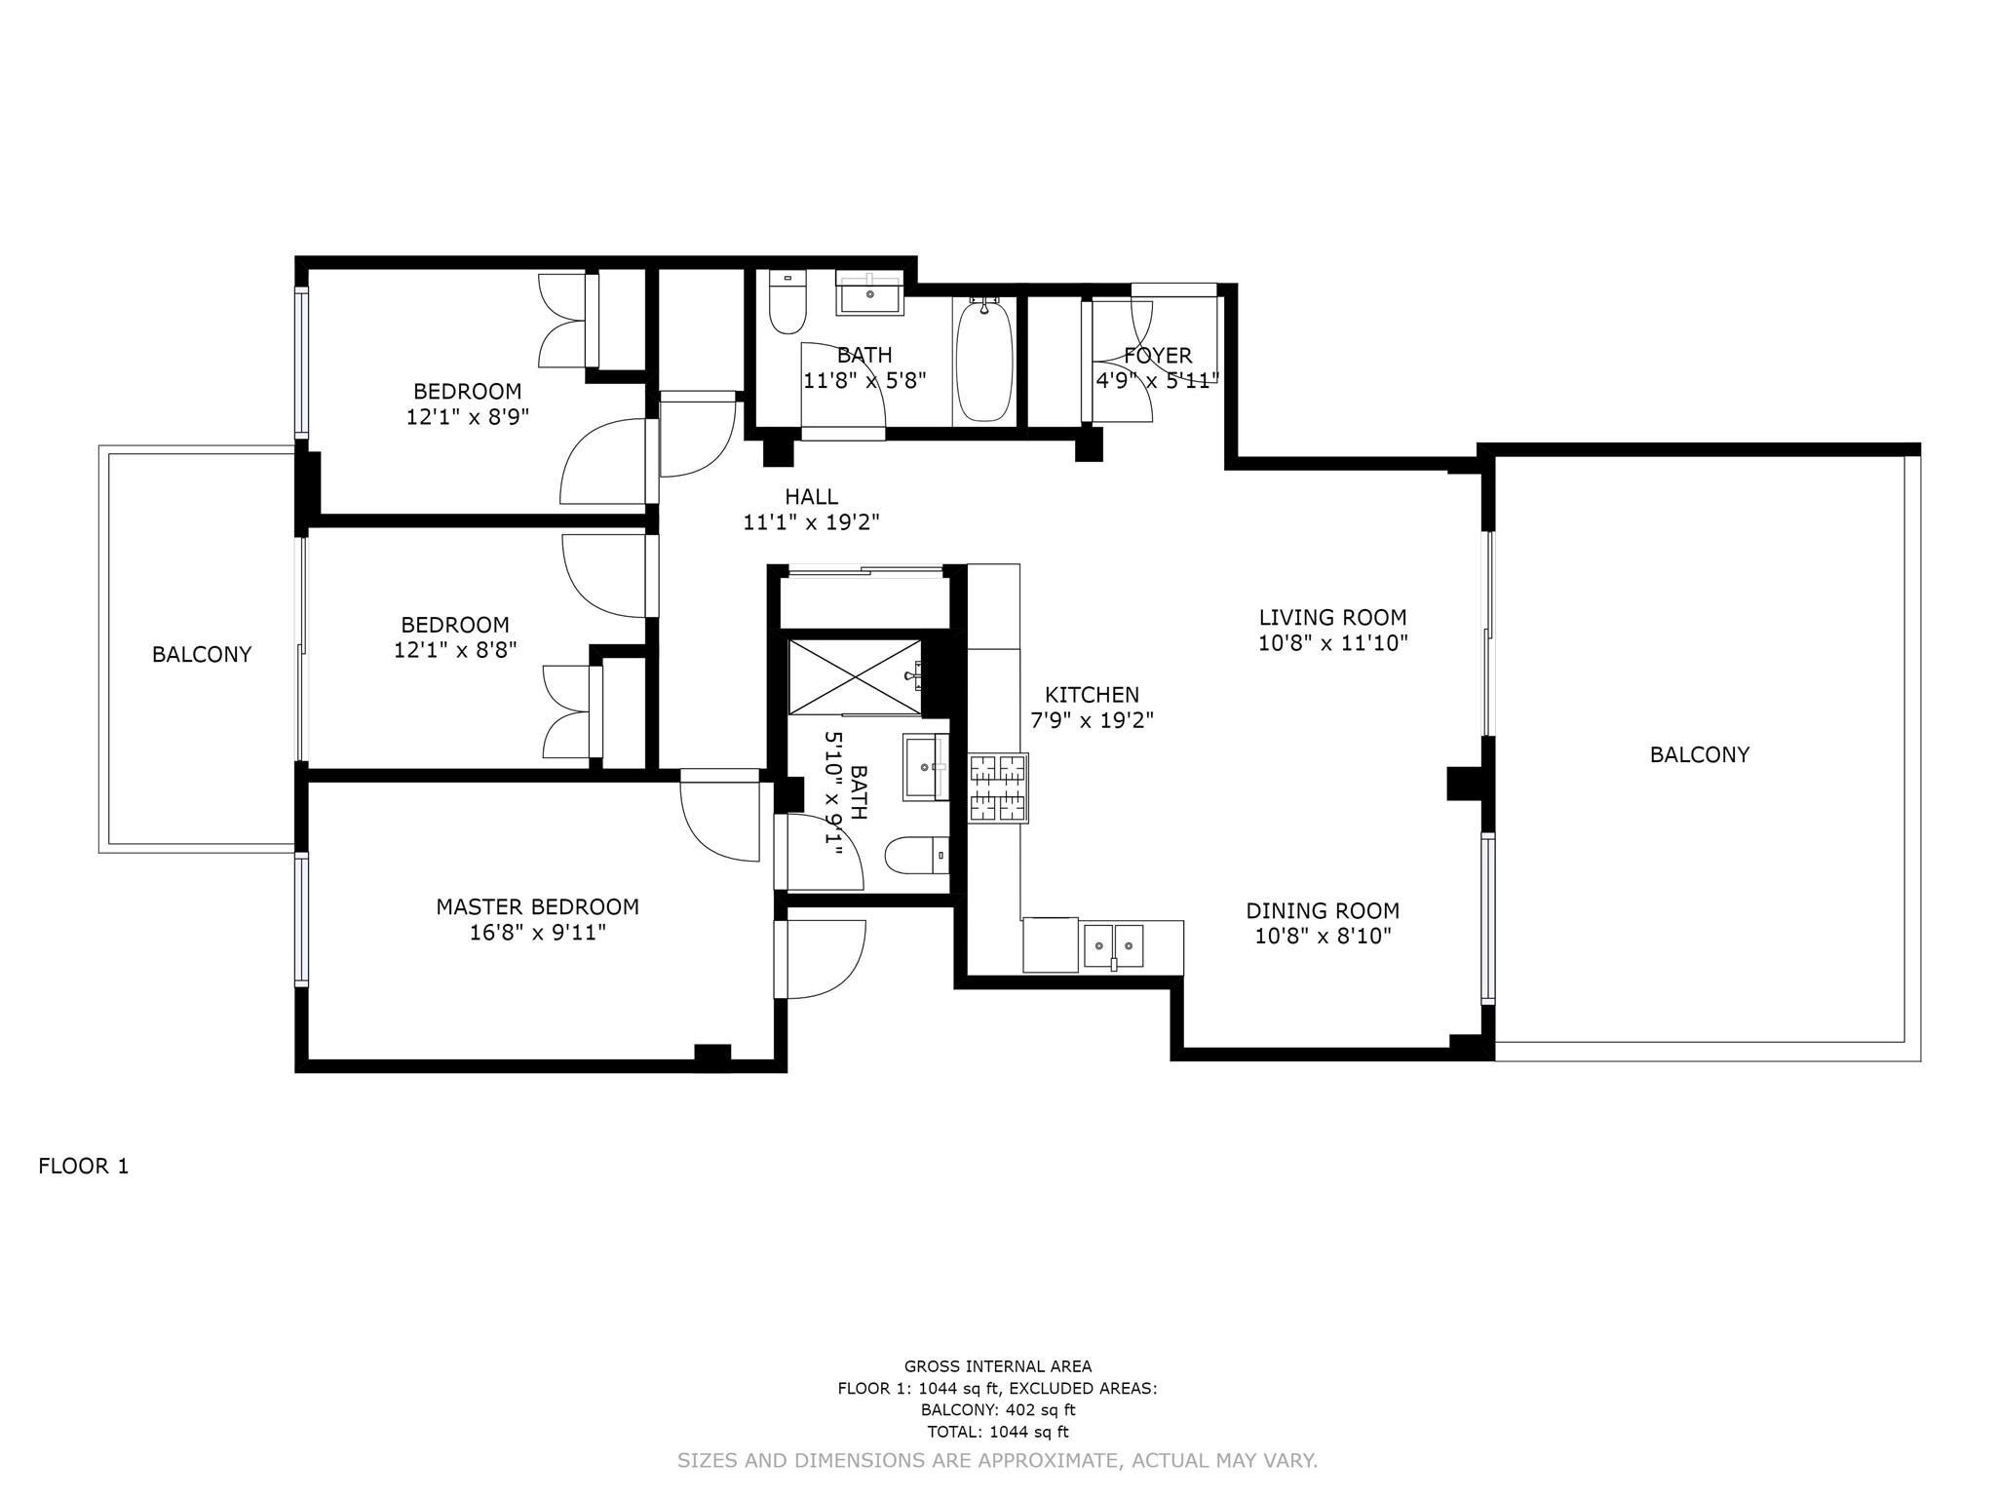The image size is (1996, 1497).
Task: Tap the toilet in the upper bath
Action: coord(787,302)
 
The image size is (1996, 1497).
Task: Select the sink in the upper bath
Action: coord(870,293)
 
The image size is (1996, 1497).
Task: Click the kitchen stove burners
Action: coord(998,788)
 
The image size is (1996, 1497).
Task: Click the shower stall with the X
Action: coord(854,677)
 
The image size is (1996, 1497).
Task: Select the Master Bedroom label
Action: coord(537,907)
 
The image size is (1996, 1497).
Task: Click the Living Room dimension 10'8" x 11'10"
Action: coord(1332,643)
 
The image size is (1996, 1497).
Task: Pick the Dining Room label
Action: coord(1323,911)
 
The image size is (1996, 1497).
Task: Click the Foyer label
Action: coord(1158,356)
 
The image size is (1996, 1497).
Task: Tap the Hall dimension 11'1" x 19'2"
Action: coord(811,522)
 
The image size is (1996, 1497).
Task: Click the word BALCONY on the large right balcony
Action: coord(1699,754)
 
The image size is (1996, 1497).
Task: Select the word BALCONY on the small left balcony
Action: coord(202,655)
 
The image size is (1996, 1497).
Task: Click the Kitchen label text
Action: coord(1092,695)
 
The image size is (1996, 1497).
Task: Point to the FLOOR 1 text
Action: coord(84,1167)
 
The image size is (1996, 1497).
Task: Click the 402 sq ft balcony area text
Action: coord(998,1410)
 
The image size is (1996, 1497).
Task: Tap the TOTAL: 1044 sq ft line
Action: coord(998,1432)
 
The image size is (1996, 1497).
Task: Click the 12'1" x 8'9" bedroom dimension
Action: coord(467,417)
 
